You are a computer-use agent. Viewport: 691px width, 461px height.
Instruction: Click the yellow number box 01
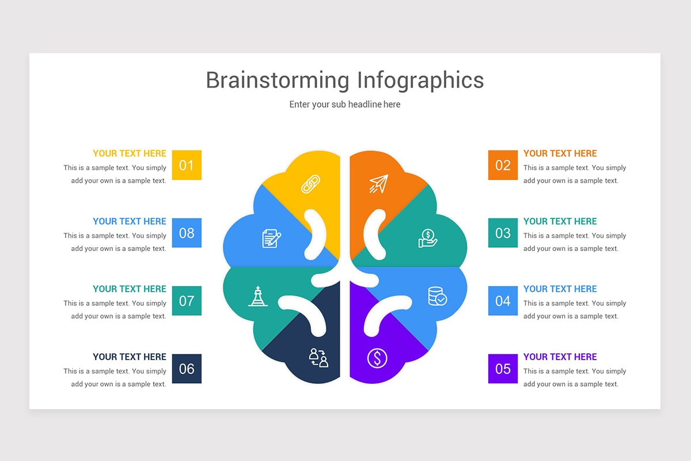coord(187,165)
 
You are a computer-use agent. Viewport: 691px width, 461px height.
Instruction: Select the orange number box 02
coord(503,165)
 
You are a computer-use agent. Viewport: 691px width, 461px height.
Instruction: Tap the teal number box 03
coord(503,233)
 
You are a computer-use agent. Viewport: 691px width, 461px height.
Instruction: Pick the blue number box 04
coord(503,301)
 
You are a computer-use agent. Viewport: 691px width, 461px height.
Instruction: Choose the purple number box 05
coord(503,369)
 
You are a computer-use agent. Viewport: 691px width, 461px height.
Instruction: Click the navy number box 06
coord(187,369)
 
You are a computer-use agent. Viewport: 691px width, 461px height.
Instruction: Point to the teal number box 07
coord(187,301)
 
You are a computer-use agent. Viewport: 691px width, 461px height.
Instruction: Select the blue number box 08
coord(187,233)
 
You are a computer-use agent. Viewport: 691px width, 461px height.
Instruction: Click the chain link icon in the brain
coord(311,184)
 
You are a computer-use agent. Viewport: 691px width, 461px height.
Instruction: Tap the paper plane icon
coord(378,184)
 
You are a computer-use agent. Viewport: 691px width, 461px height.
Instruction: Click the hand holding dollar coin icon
coord(428,238)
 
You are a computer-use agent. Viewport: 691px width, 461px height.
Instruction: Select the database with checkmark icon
coord(437,296)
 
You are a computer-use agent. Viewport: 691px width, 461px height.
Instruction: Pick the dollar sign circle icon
coord(377,358)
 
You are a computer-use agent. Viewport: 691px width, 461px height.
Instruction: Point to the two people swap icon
coord(318,358)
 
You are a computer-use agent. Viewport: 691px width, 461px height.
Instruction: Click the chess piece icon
coord(257,296)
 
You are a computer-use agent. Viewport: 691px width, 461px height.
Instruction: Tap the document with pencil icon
coord(271,238)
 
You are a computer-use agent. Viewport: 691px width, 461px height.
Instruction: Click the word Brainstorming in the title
coord(278,80)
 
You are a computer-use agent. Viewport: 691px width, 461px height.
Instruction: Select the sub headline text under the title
coord(345,104)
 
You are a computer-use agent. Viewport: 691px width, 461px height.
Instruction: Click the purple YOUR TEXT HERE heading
coord(560,357)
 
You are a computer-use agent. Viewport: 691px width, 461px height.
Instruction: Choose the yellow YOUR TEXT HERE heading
coord(130,153)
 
